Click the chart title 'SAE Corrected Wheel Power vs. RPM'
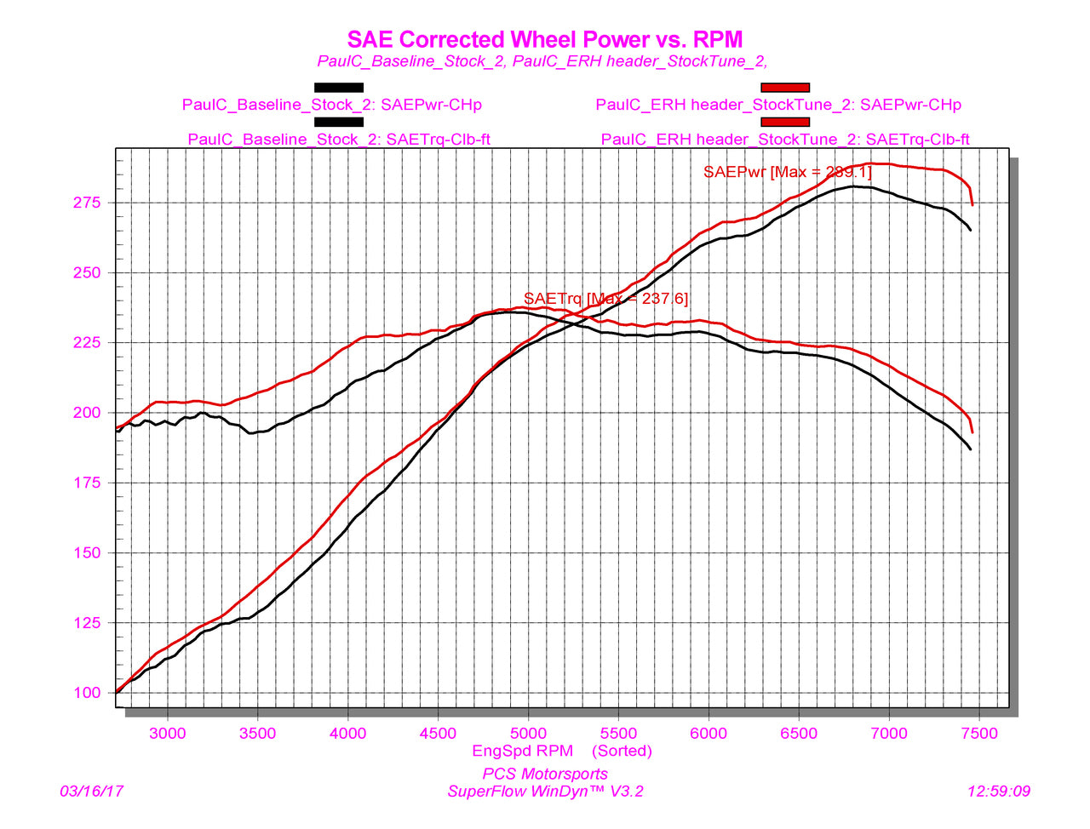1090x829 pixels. click(x=545, y=39)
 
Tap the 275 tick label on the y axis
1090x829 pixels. click(x=87, y=203)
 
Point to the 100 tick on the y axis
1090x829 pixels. click(x=87, y=693)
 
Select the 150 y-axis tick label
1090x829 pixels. click(x=87, y=552)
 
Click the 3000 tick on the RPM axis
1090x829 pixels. click(x=168, y=734)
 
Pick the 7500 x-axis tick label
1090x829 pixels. click(x=979, y=734)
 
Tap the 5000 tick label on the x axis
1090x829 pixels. click(x=528, y=734)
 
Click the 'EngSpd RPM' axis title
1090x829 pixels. click(x=522, y=751)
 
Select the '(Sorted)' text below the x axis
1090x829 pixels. click(x=622, y=751)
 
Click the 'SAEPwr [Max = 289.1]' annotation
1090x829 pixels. click(x=788, y=172)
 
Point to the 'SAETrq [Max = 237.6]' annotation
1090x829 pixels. click(x=606, y=299)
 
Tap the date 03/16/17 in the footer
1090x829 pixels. click(x=91, y=792)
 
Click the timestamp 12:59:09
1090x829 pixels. click(x=999, y=792)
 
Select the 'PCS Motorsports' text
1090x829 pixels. click(x=545, y=775)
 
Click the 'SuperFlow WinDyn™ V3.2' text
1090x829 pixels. click(x=545, y=792)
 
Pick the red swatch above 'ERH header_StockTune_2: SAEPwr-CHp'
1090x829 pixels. click(x=785, y=88)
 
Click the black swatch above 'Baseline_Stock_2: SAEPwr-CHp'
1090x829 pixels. click(x=339, y=88)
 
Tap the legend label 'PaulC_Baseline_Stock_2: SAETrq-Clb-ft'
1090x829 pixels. click(x=339, y=140)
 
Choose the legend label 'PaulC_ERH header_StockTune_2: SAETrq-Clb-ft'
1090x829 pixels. click(x=785, y=140)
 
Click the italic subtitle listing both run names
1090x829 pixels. click(x=542, y=61)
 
